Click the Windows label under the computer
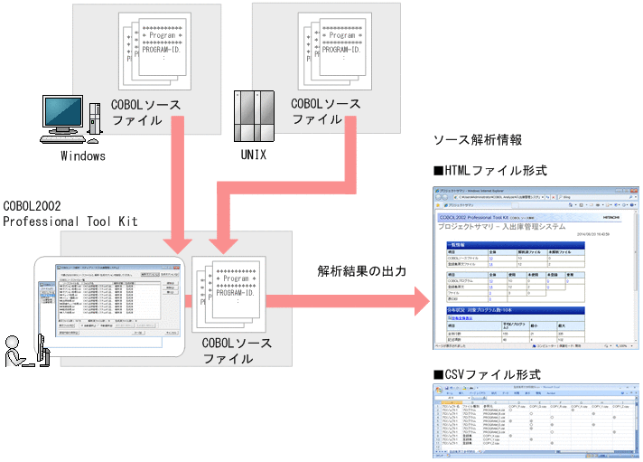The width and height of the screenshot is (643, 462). pyautogui.click(x=83, y=156)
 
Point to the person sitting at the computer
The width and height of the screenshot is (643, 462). pyautogui.click(x=20, y=349)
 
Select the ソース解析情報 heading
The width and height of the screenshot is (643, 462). pyautogui.click(x=478, y=140)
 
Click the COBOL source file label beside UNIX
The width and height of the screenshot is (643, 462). pyautogui.click(x=325, y=111)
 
